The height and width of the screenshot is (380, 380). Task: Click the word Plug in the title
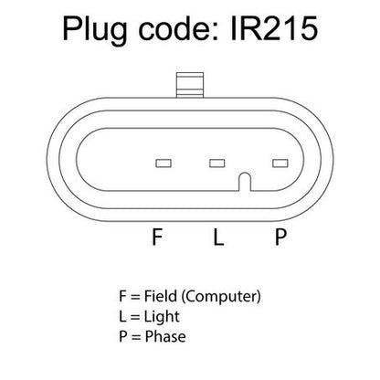pyautogui.click(x=95, y=30)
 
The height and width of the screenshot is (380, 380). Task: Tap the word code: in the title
pyautogui.click(x=179, y=28)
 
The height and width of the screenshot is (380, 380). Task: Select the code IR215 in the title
pyautogui.click(x=274, y=28)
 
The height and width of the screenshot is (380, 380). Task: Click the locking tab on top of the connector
pyautogui.click(x=190, y=85)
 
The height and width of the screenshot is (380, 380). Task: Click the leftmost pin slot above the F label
pyautogui.click(x=164, y=164)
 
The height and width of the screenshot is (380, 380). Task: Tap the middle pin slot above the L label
pyautogui.click(x=217, y=164)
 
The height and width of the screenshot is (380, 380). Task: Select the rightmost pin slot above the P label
pyautogui.click(x=280, y=164)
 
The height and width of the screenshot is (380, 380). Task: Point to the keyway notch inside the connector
pyautogui.click(x=244, y=182)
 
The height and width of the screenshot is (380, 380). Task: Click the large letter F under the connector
pyautogui.click(x=157, y=237)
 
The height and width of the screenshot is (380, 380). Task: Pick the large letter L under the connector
pyautogui.click(x=218, y=237)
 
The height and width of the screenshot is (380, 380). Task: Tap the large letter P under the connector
pyautogui.click(x=280, y=237)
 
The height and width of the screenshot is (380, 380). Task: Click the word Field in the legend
pyautogui.click(x=161, y=296)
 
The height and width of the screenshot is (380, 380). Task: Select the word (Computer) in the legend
pyautogui.click(x=221, y=297)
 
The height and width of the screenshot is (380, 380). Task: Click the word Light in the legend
pyautogui.click(x=162, y=317)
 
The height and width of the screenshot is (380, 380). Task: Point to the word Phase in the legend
pyautogui.click(x=165, y=336)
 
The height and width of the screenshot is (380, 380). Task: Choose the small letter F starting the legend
pyautogui.click(x=122, y=296)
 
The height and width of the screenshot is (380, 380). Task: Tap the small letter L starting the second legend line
pyautogui.click(x=122, y=316)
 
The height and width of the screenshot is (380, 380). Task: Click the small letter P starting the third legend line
pyautogui.click(x=123, y=336)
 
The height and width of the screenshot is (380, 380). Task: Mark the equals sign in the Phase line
pyautogui.click(x=136, y=337)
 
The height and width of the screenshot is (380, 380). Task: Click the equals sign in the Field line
pyautogui.click(x=135, y=297)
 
